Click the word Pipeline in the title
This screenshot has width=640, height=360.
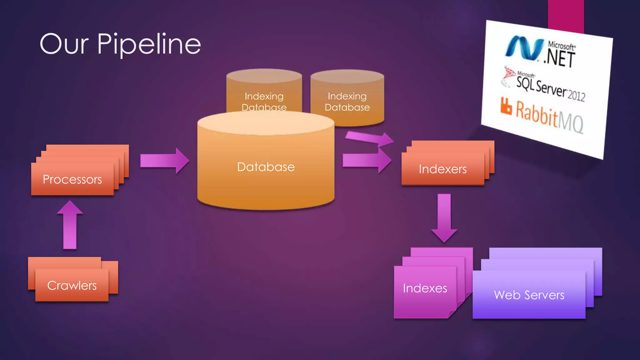click(x=149, y=45)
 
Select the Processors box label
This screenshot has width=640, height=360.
click(x=72, y=179)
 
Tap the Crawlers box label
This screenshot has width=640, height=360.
click(x=72, y=286)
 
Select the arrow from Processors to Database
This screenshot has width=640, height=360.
click(x=164, y=161)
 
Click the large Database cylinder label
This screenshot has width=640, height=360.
click(x=266, y=167)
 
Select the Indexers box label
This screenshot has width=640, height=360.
click(x=442, y=169)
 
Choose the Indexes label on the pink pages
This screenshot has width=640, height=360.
click(x=425, y=288)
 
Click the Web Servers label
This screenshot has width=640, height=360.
click(x=529, y=295)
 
